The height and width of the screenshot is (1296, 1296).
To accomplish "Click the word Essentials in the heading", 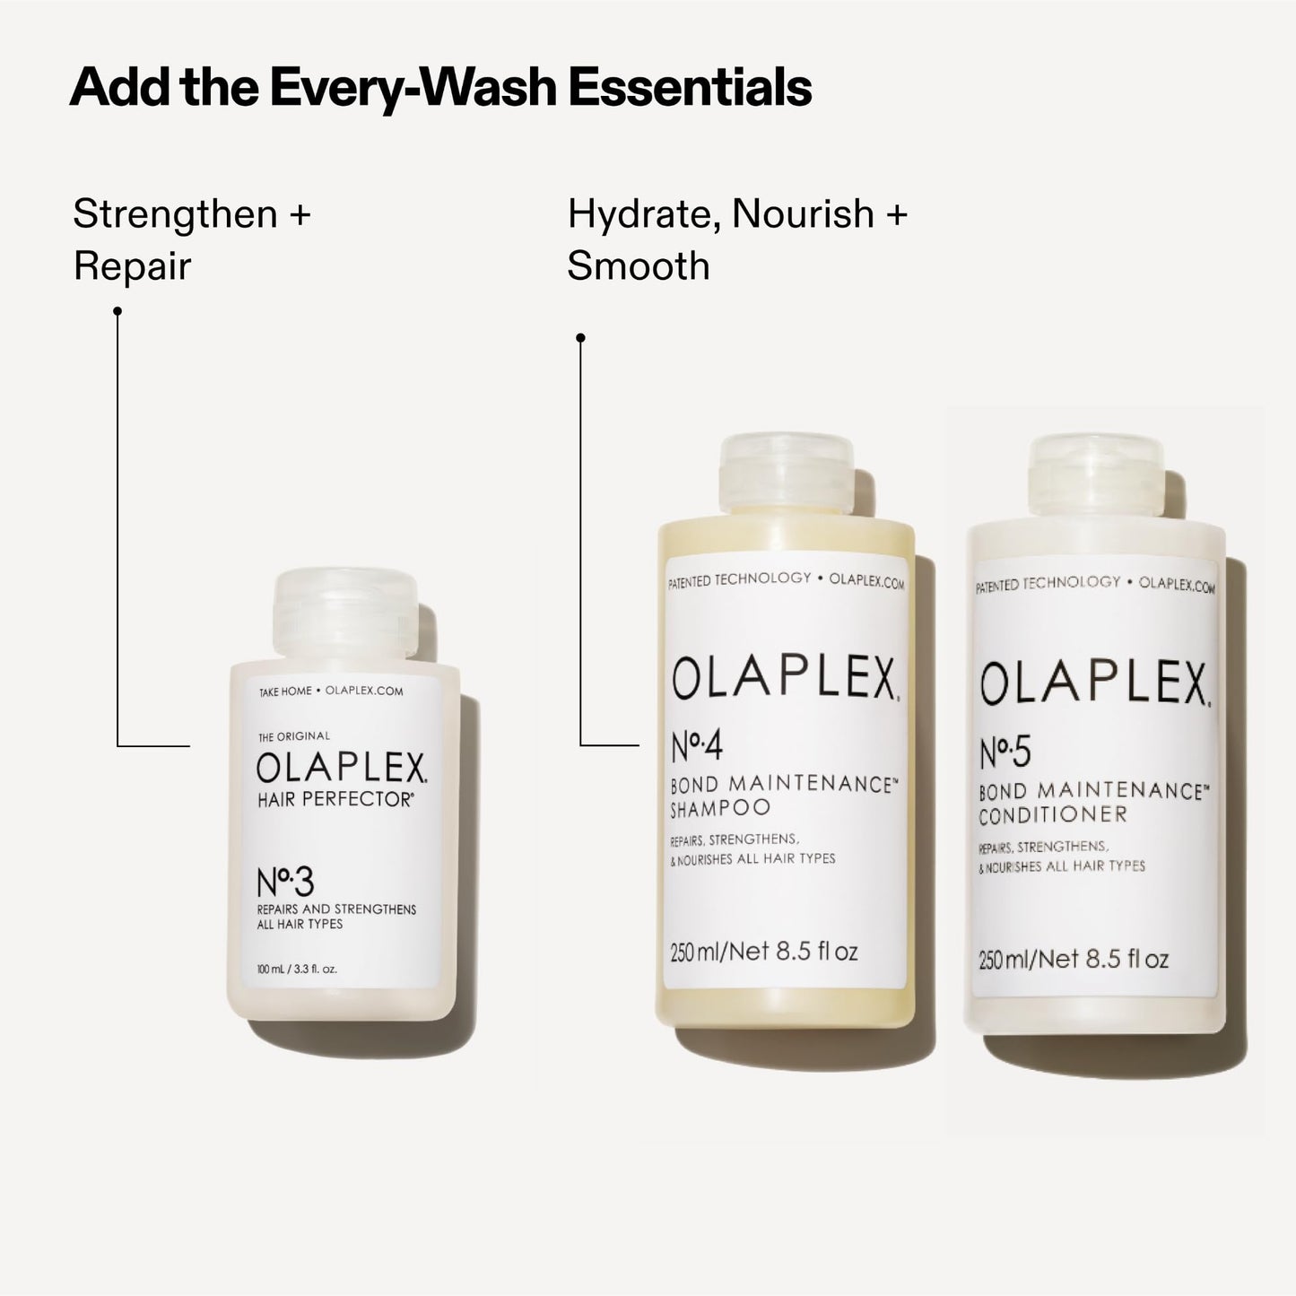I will click(x=690, y=88).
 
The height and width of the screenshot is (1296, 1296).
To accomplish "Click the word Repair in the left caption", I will click(x=132, y=266).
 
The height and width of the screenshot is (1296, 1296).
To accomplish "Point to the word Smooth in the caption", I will click(x=638, y=266).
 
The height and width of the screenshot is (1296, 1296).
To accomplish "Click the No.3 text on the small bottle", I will click(x=285, y=883).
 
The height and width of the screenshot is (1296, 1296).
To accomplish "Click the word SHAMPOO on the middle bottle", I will click(x=720, y=807).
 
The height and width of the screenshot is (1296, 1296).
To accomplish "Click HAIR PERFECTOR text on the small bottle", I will click(x=335, y=800).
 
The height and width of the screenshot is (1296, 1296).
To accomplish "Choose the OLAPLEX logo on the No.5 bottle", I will click(x=1093, y=684).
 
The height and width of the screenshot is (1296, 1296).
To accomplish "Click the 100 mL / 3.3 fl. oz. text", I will click(x=297, y=969).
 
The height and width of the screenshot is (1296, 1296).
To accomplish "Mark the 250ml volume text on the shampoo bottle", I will click(x=763, y=951).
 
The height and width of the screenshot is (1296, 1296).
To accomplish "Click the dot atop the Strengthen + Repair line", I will click(x=117, y=311).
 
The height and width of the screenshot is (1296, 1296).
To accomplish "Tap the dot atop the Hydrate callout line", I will click(x=580, y=338).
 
